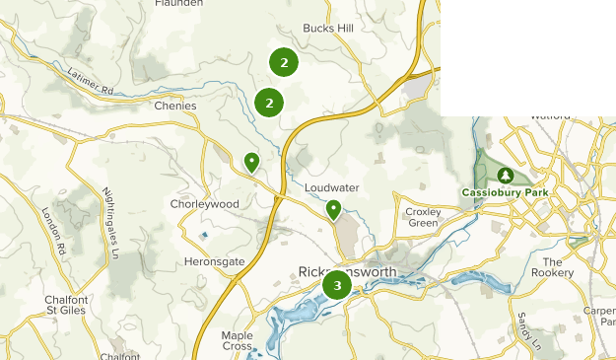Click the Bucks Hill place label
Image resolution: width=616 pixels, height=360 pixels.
click(x=328, y=30)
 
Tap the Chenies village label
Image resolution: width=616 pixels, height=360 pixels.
click(x=176, y=106)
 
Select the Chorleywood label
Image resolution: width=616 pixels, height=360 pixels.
click(x=204, y=204)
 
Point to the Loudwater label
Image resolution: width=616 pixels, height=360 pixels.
click(x=331, y=186)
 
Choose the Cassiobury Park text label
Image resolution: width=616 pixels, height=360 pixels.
click(x=506, y=192)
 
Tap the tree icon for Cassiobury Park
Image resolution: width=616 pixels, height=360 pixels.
click(x=506, y=175)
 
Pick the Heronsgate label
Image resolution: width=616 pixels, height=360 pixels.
click(x=211, y=262)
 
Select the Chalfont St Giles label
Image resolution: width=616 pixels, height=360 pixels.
click(x=68, y=305)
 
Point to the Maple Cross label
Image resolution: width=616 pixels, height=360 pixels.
click(x=238, y=341)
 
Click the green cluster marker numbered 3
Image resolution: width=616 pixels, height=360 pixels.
click(x=337, y=286)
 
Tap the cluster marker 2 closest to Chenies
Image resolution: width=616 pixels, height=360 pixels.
click(x=269, y=102)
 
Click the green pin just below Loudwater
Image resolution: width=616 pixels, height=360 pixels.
click(x=334, y=209)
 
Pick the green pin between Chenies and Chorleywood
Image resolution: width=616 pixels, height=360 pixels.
click(x=252, y=162)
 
